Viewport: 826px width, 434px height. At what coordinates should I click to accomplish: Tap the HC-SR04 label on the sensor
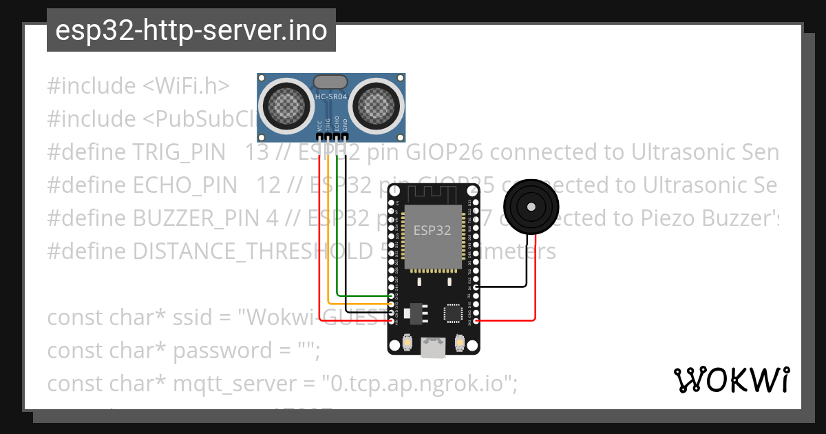coord(330,97)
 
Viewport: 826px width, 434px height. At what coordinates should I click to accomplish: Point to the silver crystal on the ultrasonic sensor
coord(330,82)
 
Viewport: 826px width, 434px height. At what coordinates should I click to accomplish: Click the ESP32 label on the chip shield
coord(432,230)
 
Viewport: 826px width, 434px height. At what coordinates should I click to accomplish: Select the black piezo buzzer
coord(530,206)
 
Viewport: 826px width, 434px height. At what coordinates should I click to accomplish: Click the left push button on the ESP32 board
coord(408,342)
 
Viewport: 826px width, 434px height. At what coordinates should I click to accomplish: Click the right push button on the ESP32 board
coord(460,342)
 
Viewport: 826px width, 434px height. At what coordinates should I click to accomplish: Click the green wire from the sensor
coord(337,227)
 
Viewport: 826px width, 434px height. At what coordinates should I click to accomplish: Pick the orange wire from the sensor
coord(328,234)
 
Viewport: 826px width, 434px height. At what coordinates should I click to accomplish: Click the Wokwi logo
coord(732,380)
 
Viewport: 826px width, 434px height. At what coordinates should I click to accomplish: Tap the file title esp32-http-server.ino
coord(191,31)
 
